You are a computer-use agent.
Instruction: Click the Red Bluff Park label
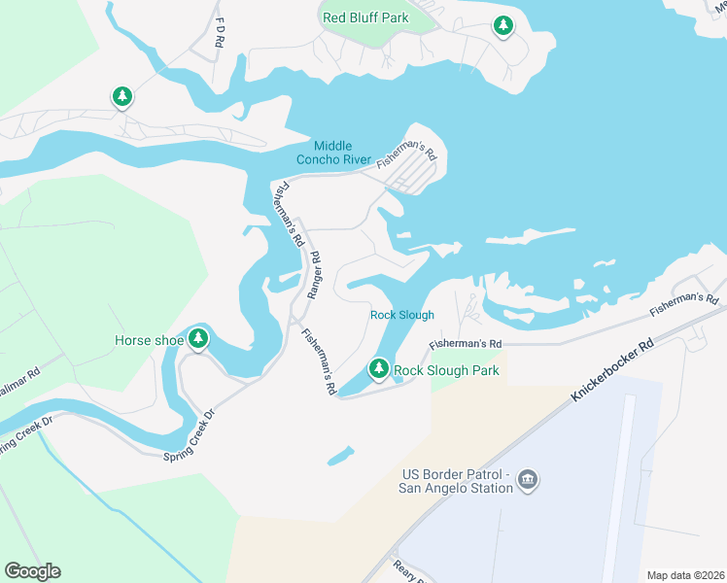[365, 17]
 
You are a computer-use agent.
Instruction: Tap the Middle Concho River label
[333, 153]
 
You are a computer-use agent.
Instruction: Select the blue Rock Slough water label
[401, 315]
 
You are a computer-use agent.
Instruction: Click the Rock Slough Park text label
[446, 370]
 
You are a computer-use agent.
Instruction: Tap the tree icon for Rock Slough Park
[379, 369]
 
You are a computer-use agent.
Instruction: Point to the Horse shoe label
[149, 340]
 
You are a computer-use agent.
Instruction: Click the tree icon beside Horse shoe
[199, 339]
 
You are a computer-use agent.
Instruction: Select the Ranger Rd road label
[313, 275]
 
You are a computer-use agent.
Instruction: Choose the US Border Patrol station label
[457, 481]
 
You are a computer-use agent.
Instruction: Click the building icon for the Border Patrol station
[529, 479]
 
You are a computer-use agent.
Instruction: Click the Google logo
[32, 571]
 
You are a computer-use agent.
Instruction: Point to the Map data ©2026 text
[684, 575]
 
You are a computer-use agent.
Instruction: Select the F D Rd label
[220, 30]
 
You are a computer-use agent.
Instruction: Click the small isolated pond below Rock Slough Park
[340, 455]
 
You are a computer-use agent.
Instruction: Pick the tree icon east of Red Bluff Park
[502, 26]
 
